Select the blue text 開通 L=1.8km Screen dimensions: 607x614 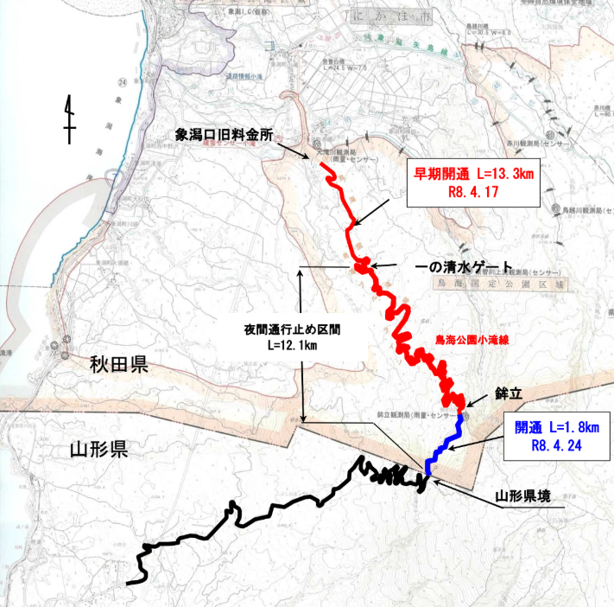[556, 427]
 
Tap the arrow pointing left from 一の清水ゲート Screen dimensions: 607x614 [386, 265]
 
